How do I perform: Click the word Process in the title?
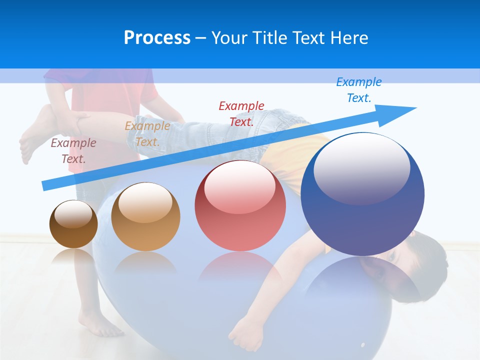157,38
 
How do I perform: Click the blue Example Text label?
358,90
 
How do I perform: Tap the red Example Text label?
241,113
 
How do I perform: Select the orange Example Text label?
147,133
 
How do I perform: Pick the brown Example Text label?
73,150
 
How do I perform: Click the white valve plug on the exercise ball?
362,344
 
